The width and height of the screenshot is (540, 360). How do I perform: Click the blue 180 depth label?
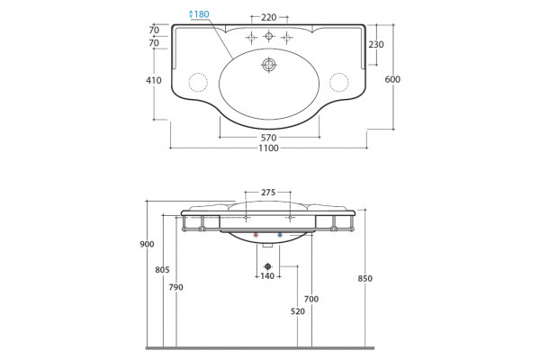click(x=199, y=14)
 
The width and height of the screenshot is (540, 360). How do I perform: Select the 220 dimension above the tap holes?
click(x=268, y=17)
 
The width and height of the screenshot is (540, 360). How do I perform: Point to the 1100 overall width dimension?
click(x=268, y=148)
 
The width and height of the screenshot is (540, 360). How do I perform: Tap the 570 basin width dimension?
click(x=268, y=138)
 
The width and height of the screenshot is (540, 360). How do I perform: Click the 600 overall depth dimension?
click(x=392, y=79)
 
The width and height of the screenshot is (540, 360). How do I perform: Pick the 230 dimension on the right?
click(x=376, y=44)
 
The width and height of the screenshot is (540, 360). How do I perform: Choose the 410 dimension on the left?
click(x=154, y=80)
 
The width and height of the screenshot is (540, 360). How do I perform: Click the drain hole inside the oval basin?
click(x=268, y=65)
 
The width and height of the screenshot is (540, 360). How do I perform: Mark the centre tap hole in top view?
click(x=268, y=35)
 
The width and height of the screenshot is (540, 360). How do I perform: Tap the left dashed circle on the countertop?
click(x=198, y=82)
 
